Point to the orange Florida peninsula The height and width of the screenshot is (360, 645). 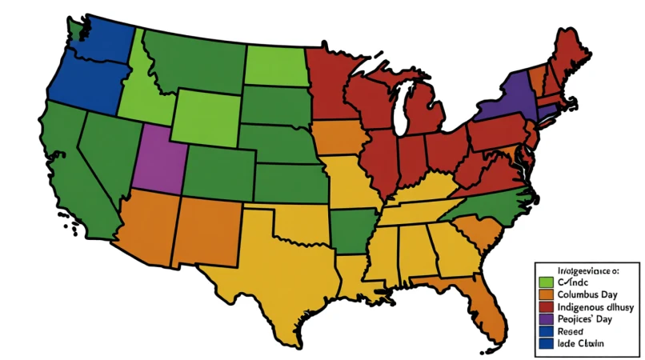tap(488, 308)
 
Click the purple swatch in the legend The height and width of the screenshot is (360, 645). tap(547, 319)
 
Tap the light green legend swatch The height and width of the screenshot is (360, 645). tap(547, 282)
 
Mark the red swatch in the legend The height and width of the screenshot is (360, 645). tap(547, 307)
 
